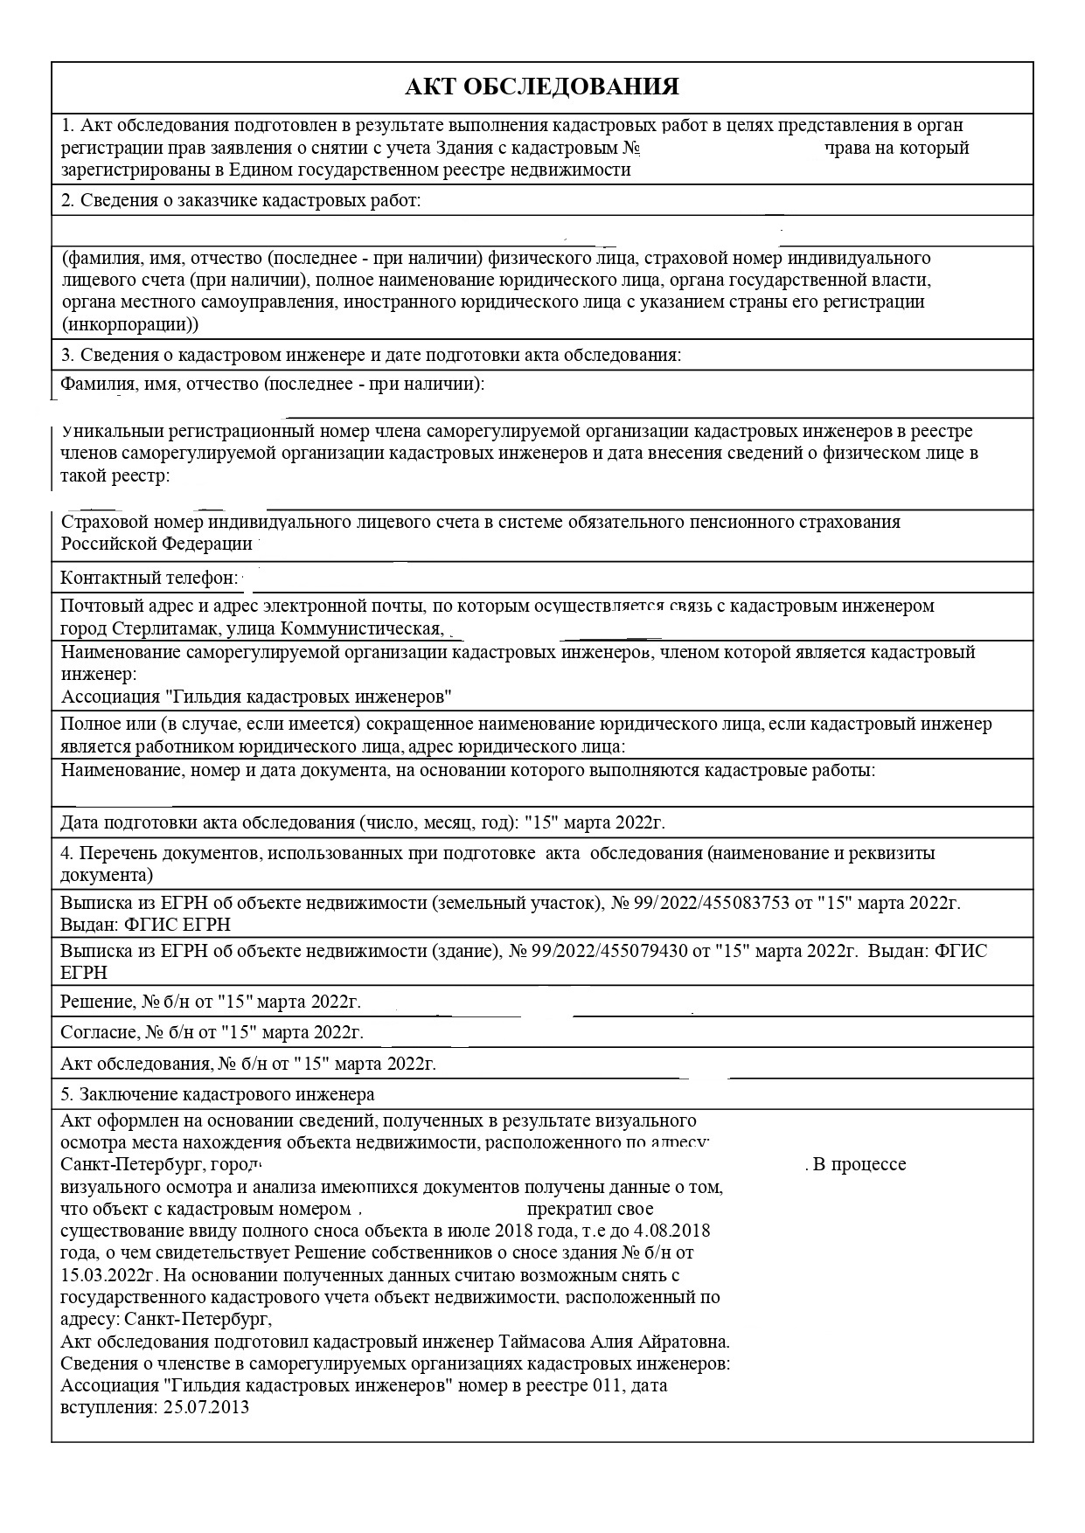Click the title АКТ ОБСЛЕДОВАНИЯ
coord(542,87)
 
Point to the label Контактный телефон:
coord(149,578)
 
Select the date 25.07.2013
coord(206,1407)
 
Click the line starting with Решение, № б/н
coord(210,1002)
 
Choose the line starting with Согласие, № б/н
coord(212,1032)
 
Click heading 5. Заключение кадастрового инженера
coord(218,1094)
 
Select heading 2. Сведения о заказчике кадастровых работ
coord(241,200)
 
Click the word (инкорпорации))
coord(130,324)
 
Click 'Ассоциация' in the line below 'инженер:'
coord(110,697)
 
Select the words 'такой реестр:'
coord(115,475)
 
